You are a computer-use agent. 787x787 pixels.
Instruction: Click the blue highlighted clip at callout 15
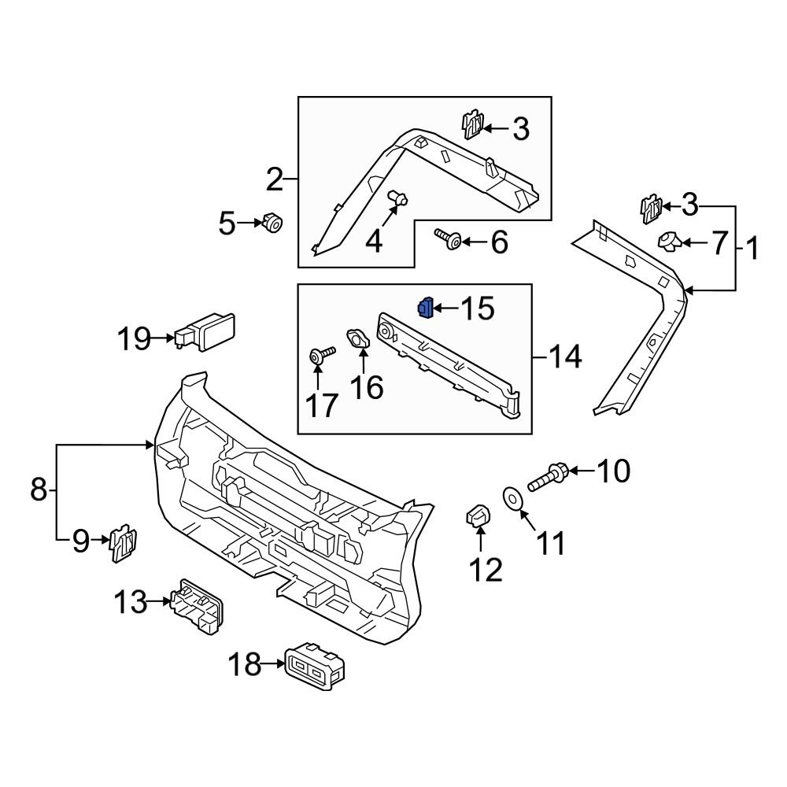tap(426, 309)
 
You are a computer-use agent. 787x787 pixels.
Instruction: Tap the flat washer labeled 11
tap(512, 499)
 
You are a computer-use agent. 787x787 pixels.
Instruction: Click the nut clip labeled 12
tap(478, 516)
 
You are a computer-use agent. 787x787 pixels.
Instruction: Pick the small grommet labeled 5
tap(273, 224)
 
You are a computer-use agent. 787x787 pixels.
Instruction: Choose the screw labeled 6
tap(447, 238)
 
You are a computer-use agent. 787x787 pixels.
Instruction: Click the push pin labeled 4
tap(398, 199)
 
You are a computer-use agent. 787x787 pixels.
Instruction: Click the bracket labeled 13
tap(197, 604)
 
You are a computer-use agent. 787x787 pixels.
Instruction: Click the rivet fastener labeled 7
tap(671, 241)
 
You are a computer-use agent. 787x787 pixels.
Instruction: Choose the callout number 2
tap(274, 180)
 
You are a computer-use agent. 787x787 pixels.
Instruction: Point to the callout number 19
tap(134, 339)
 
